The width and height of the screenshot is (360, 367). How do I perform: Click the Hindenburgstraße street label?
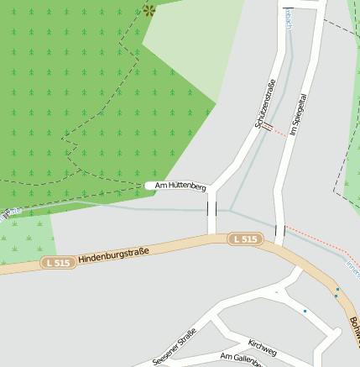[x=114, y=254]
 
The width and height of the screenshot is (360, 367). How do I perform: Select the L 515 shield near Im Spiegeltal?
[x=245, y=239]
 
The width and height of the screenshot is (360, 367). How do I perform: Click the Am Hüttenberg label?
[x=180, y=185]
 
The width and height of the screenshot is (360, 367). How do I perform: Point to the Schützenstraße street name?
[x=265, y=103]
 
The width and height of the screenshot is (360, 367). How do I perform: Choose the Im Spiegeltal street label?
[x=295, y=115]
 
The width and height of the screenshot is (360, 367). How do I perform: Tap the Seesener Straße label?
[x=175, y=346]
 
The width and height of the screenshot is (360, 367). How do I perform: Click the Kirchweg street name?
[x=263, y=347]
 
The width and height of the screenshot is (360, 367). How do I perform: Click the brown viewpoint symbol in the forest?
[x=149, y=10]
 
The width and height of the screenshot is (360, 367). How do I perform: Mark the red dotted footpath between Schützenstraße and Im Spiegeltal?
[x=279, y=132]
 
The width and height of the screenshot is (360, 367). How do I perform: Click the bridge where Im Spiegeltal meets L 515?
[x=280, y=231]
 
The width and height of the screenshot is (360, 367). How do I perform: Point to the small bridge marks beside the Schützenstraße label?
[x=267, y=129]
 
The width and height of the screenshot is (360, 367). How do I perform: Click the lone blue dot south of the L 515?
[x=305, y=312]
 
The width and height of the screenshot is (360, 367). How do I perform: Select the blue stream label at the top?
[x=288, y=18]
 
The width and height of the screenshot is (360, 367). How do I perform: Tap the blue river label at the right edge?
[x=352, y=267]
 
